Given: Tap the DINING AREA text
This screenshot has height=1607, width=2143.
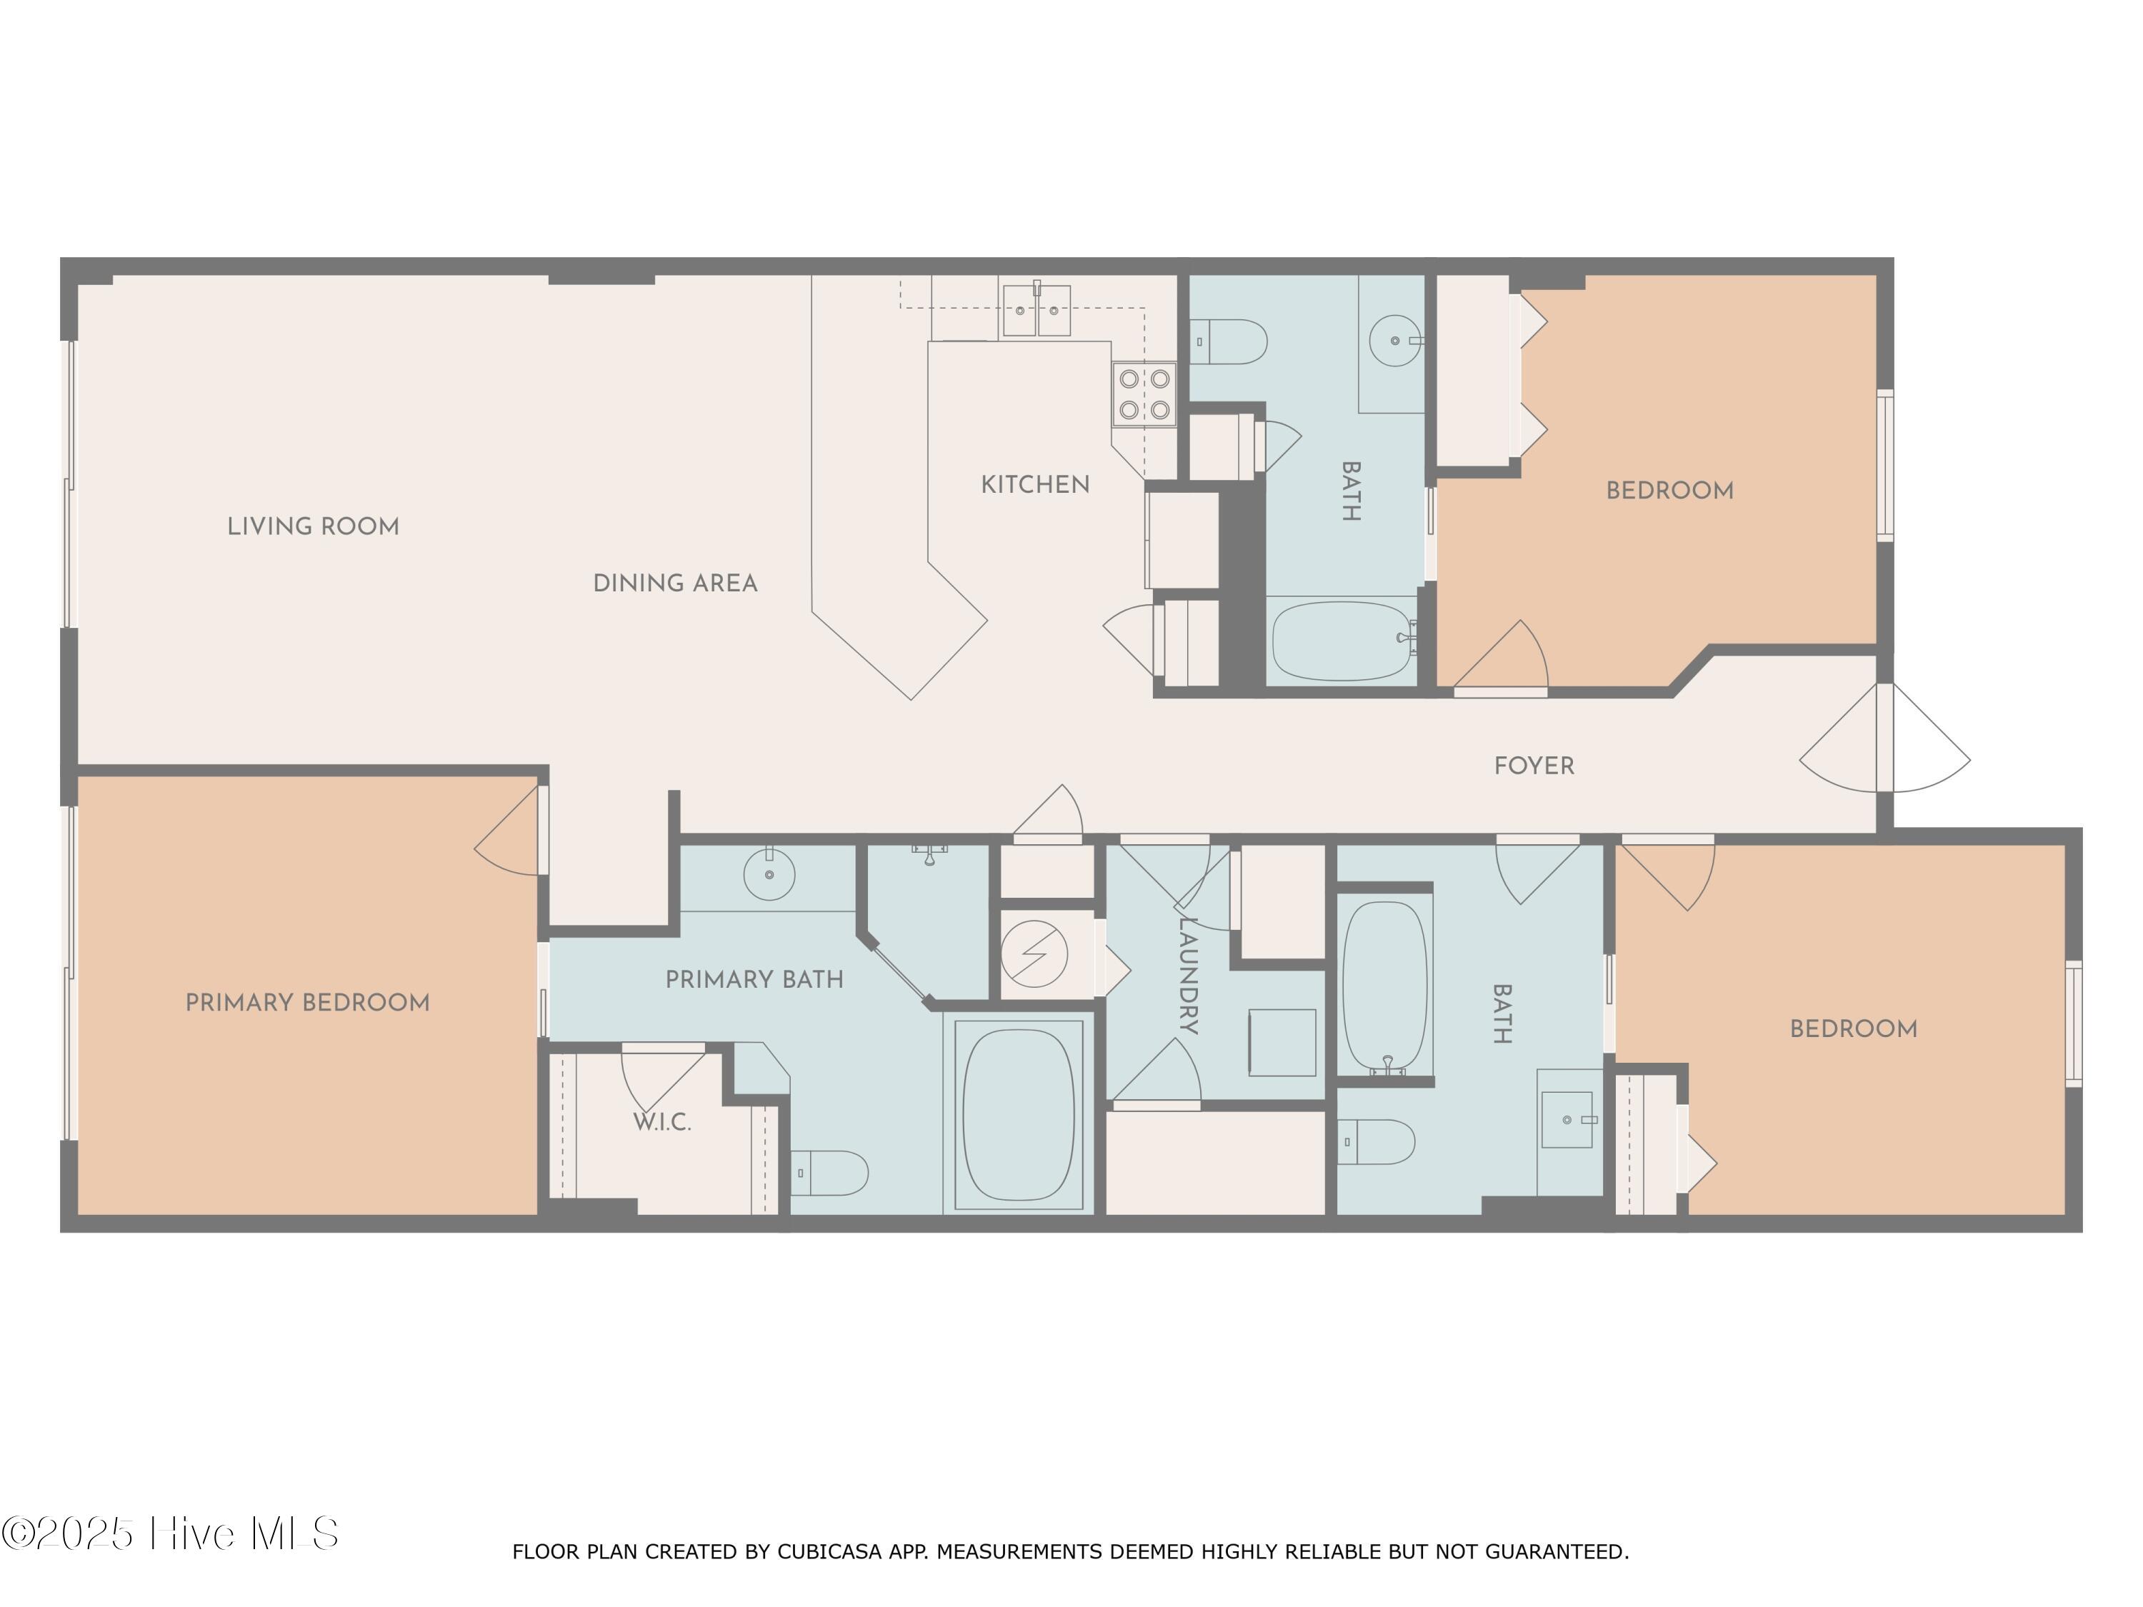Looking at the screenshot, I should [674, 583].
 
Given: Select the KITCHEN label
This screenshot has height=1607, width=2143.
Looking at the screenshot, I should [1034, 484].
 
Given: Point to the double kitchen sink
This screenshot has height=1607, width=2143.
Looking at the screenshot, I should [1036, 310].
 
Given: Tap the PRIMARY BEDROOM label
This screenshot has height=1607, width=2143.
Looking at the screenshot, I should [307, 1003].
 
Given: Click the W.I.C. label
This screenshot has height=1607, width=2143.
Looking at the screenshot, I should [661, 1123].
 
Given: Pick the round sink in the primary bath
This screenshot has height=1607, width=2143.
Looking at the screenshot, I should [769, 875].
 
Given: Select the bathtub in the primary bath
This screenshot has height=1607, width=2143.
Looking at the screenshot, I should [1018, 1115].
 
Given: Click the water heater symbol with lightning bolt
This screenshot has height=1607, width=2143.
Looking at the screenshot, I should [1034, 954].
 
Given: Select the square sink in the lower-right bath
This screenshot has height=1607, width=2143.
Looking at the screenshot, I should [1567, 1120].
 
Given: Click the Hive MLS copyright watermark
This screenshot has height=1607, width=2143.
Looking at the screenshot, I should [171, 1534].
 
